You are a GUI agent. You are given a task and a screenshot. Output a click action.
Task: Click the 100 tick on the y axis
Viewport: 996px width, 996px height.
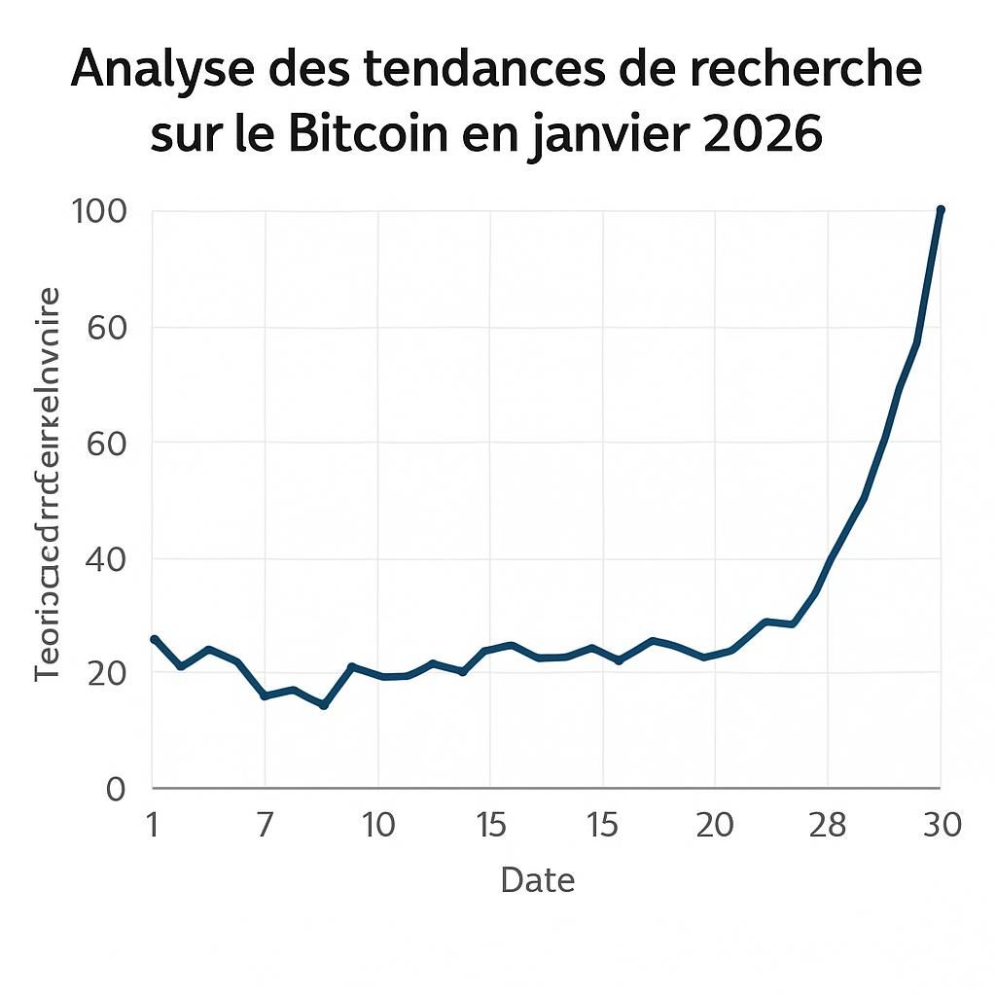click(99, 211)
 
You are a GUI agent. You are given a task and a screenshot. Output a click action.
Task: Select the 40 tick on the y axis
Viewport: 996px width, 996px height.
click(106, 558)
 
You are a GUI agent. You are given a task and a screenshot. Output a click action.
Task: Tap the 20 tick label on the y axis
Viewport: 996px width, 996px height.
click(106, 673)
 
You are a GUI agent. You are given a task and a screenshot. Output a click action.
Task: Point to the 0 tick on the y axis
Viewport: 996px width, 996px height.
click(116, 788)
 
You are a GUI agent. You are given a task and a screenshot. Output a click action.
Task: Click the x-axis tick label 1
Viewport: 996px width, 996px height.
click(153, 826)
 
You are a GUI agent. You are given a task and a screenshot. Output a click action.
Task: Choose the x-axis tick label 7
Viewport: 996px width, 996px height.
click(265, 826)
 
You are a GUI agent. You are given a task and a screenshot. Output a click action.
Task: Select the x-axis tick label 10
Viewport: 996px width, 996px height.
click(377, 826)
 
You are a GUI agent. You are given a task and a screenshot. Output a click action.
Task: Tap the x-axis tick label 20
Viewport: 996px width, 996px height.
click(715, 826)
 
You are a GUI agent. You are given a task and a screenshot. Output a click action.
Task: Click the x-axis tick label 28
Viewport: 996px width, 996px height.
click(828, 826)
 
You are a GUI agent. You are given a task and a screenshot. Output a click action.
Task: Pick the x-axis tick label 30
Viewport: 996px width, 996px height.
click(940, 826)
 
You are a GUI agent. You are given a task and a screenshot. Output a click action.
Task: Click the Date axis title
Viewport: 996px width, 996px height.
click(537, 880)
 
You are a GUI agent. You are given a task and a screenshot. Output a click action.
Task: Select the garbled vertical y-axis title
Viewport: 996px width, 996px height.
click(49, 483)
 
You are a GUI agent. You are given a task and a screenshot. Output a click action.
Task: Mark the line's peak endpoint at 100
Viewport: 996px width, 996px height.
click(940, 210)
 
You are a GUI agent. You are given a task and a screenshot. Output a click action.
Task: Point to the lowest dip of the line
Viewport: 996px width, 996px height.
click(324, 705)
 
